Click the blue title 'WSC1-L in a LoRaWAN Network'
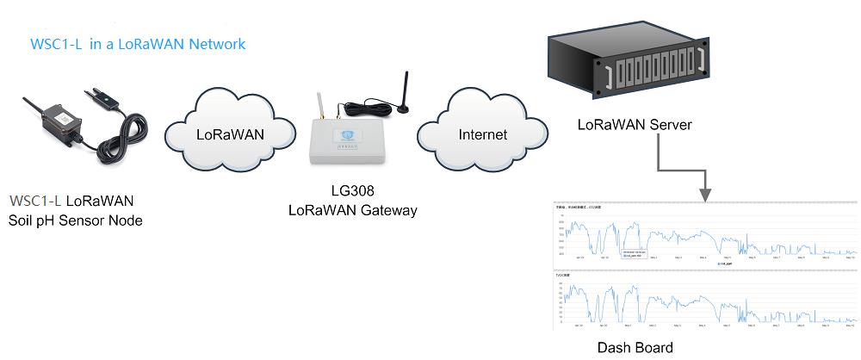coord(137,44)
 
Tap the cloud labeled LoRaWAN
coord(229,134)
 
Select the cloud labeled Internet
coord(482,134)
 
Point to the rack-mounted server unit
coord(633,65)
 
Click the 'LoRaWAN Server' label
coord(635,126)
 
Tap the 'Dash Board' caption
coord(635,348)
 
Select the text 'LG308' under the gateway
coord(352,191)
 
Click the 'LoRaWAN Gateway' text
coord(352,209)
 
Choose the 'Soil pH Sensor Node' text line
coord(75,220)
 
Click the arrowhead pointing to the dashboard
coord(705,194)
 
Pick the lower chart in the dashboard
coord(705,301)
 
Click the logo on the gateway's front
coord(349,135)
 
